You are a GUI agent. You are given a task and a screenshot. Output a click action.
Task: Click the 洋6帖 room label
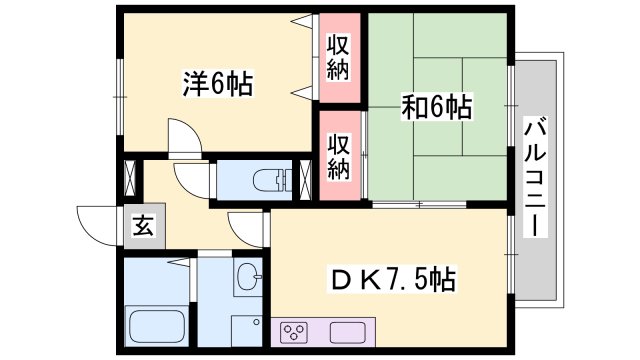click(x=218, y=83)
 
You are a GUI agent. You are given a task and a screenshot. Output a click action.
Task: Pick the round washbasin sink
click(x=246, y=276)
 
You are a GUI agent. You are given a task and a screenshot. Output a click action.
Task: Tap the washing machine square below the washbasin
click(x=244, y=326)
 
